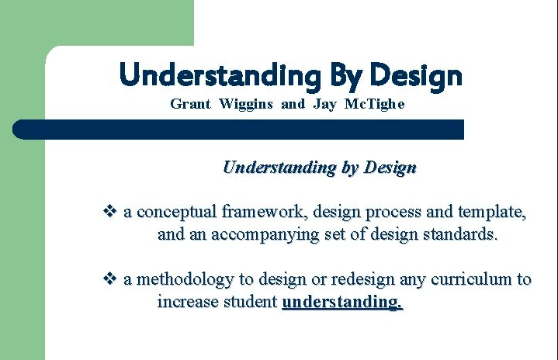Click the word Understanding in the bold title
tap(220, 75)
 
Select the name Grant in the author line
tap(190, 104)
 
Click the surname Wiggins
tap(246, 105)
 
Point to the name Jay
tap(324, 105)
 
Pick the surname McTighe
tap(374, 104)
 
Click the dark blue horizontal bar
tap(238, 130)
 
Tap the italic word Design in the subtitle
tap(390, 168)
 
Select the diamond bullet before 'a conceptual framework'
tap(109, 211)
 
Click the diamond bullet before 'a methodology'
tap(109, 279)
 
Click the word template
tap(492, 213)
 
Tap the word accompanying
tap(265, 235)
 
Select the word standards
tap(460, 234)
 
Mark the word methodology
tap(185, 279)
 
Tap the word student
tap(251, 301)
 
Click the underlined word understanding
tap(342, 302)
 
